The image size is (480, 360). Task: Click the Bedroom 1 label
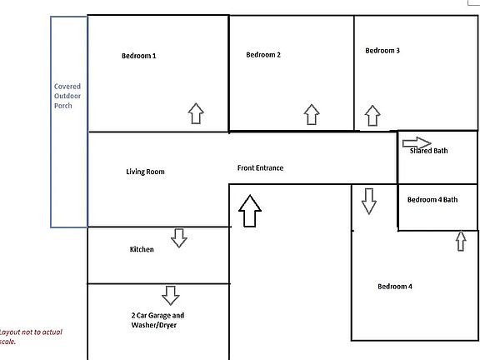coord(138,56)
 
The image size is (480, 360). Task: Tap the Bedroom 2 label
coord(263,55)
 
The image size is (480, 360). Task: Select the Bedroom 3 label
coord(382,51)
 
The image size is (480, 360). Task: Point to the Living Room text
coord(145,172)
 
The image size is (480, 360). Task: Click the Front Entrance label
coord(260,167)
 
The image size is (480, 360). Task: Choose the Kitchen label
coord(142,249)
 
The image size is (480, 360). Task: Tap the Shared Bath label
coord(428,151)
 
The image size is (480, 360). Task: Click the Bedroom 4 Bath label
coord(432,200)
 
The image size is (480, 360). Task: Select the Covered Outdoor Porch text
coord(67,96)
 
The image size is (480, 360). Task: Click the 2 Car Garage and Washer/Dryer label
coord(157,320)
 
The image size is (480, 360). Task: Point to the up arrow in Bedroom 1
coord(196,113)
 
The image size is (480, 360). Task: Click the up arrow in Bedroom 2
coord(312,114)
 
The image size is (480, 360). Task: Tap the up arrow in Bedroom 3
coord(372,116)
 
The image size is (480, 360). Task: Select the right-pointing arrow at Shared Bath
coord(417,143)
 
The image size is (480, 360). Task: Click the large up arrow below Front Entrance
coord(250,211)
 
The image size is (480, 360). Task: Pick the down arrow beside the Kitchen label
coord(179,237)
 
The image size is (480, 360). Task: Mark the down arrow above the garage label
coord(171,295)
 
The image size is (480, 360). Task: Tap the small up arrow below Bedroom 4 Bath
coord(461,241)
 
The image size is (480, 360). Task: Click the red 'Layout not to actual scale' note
coord(31,337)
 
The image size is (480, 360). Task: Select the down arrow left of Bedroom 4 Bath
coord(369,201)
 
